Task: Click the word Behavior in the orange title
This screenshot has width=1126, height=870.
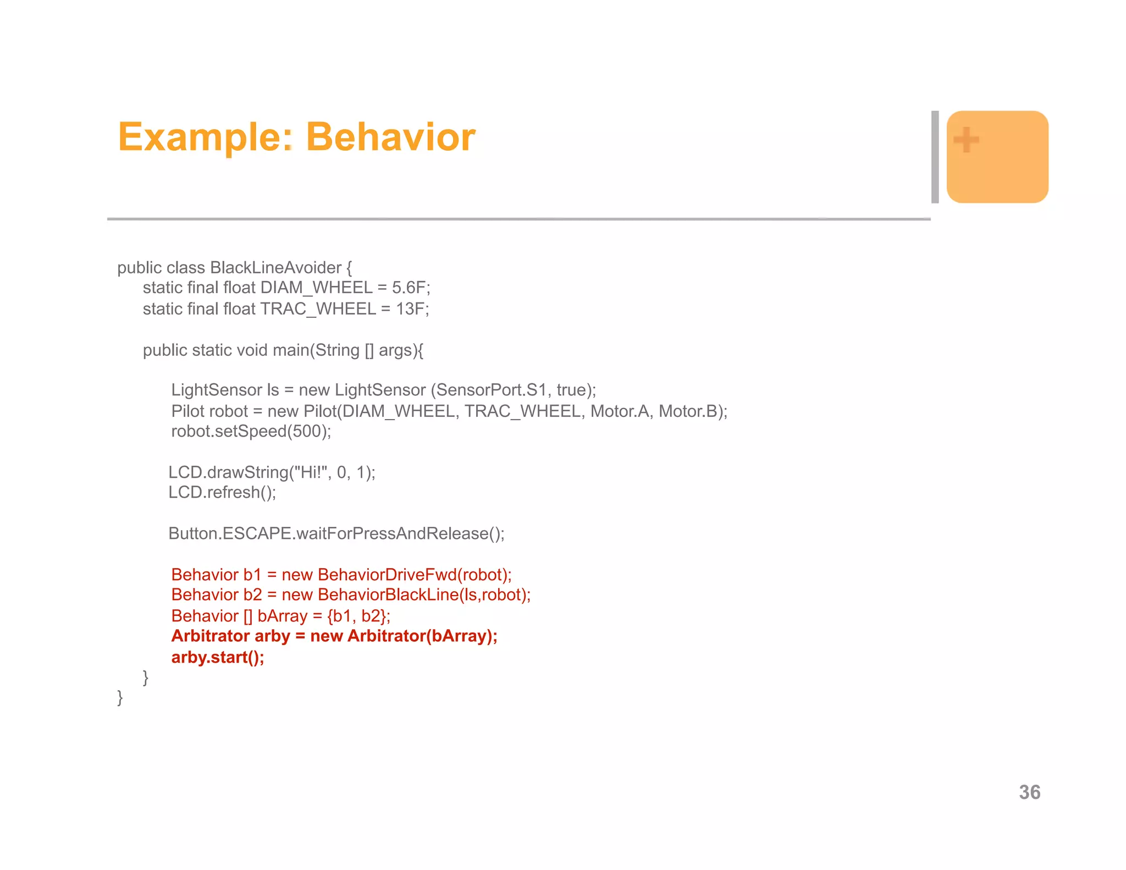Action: pos(390,137)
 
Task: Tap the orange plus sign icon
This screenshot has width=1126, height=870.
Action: pos(966,140)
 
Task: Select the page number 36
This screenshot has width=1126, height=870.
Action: pos(1029,792)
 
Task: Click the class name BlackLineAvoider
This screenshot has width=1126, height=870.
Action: pos(275,268)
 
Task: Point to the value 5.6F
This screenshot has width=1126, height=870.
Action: pos(411,288)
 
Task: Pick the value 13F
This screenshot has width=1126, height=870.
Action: pos(412,309)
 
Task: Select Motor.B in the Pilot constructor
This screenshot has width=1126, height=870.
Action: pos(692,411)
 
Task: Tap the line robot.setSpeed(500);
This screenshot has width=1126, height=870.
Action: pos(251,431)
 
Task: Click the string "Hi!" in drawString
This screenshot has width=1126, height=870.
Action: pos(313,472)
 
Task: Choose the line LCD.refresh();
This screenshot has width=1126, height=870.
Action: pos(222,492)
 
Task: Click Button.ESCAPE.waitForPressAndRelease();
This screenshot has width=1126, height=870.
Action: pos(336,533)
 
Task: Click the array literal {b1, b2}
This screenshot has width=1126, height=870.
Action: pos(358,616)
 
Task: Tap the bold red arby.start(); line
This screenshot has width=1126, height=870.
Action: pos(218,657)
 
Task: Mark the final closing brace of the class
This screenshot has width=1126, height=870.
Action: pos(120,697)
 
